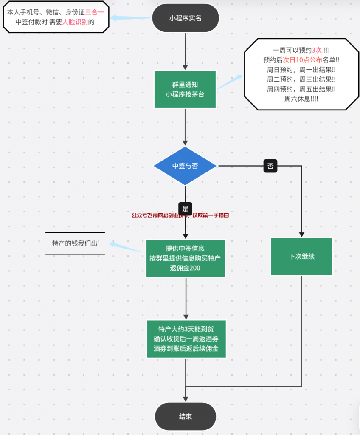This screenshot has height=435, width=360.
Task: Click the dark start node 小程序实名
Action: [x=185, y=18]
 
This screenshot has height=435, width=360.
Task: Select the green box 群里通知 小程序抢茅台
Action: [x=185, y=89]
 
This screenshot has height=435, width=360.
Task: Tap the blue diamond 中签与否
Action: [x=185, y=166]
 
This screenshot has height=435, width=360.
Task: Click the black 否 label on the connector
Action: [x=270, y=166]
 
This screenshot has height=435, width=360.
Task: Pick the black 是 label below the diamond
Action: [x=185, y=209]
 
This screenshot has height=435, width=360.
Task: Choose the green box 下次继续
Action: [x=301, y=257]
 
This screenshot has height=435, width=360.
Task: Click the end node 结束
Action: [x=185, y=416]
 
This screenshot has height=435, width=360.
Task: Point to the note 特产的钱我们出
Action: [x=75, y=243]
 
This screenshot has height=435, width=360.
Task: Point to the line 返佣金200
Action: [x=185, y=268]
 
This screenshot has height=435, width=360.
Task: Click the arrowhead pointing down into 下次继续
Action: [x=301, y=234]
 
